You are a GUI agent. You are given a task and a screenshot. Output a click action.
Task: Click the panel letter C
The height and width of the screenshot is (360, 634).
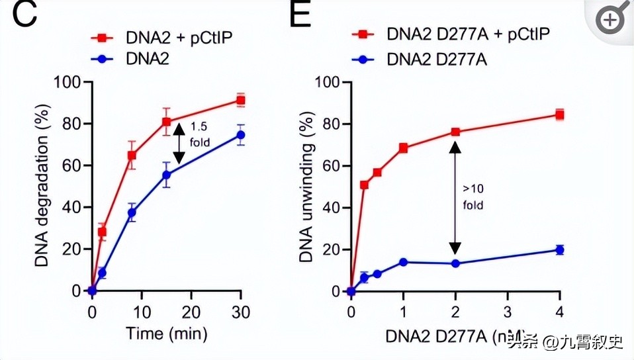pyautogui.click(x=24, y=15)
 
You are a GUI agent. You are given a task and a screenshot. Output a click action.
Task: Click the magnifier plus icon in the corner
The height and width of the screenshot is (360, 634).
pyautogui.click(x=610, y=21)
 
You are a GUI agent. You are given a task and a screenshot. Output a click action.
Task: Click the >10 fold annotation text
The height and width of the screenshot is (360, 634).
pyautogui.click(x=473, y=197)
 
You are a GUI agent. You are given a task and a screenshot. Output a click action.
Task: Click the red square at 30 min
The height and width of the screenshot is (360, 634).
pyautogui.click(x=241, y=101)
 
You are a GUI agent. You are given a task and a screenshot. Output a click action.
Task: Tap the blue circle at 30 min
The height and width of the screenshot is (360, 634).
pyautogui.click(x=241, y=135)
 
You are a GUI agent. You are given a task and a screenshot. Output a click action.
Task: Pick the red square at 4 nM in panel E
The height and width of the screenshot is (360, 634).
pyautogui.click(x=559, y=115)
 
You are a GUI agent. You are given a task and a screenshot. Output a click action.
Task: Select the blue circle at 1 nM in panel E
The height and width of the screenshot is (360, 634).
pyautogui.click(x=403, y=262)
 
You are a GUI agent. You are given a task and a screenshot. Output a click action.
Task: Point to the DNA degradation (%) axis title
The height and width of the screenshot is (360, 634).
pyautogui.click(x=41, y=185)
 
